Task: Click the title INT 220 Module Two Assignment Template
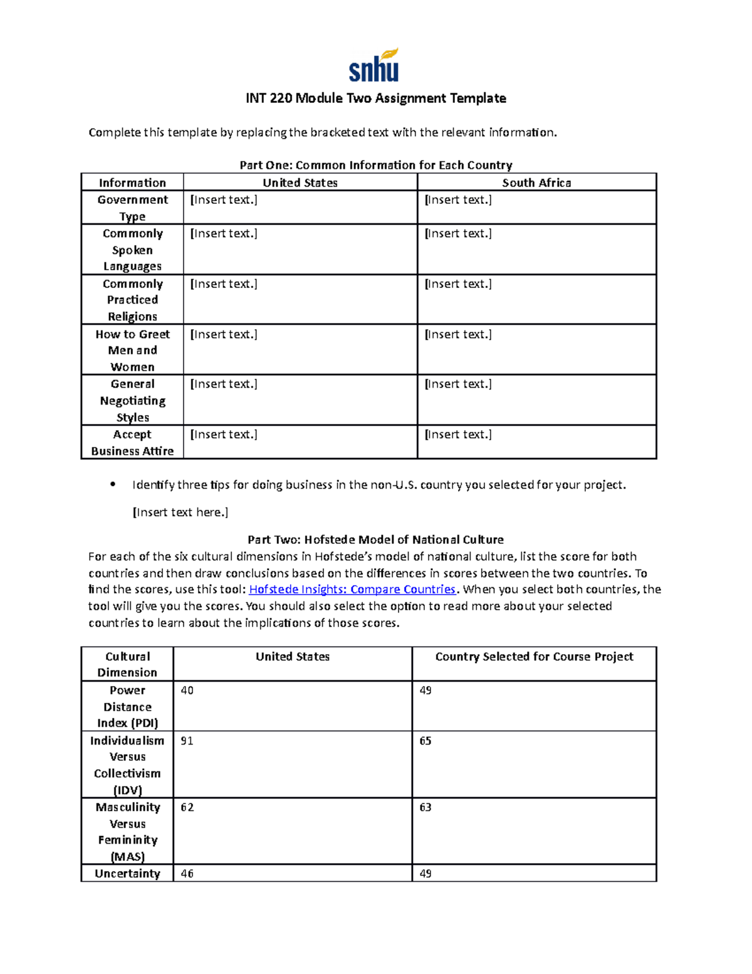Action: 375,98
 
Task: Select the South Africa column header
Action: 536,183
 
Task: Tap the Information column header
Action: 132,183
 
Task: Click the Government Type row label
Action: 132,208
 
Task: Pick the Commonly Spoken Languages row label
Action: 132,250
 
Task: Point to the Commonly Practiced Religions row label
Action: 132,300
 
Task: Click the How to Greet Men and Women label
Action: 132,350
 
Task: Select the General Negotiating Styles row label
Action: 132,400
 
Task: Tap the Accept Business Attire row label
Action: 132,442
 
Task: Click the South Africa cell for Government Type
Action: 458,200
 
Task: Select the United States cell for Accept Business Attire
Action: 224,434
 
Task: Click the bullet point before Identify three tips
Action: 113,484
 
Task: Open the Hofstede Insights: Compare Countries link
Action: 352,590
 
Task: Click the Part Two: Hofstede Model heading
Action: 375,539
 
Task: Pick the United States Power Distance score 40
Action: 187,691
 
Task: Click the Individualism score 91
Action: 187,741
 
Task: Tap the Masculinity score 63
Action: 426,807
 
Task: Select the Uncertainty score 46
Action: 187,874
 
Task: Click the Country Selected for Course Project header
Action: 534,657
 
